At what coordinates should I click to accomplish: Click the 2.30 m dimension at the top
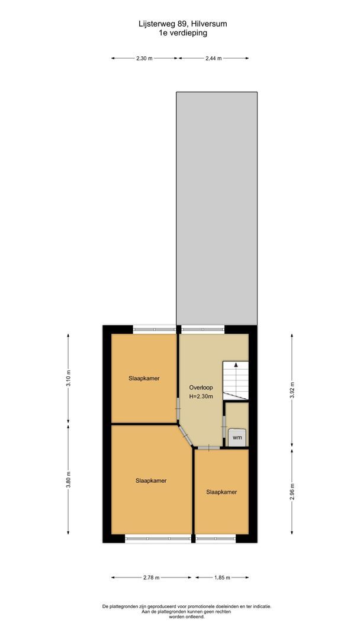tap(144, 59)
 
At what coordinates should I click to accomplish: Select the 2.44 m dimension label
tap(213, 59)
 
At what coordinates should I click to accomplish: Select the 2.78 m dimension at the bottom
tap(151, 577)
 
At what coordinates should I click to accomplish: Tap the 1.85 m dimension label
tap(222, 577)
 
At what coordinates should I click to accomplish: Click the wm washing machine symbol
tap(237, 437)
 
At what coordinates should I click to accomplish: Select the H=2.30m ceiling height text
tap(201, 396)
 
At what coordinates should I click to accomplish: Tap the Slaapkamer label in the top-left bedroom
tap(144, 378)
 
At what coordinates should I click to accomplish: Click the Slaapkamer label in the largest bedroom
tap(150, 480)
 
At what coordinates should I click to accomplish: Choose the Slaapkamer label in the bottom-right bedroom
tap(221, 492)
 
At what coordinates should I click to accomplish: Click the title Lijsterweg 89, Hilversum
tap(179, 24)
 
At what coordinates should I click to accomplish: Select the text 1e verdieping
tap(179, 33)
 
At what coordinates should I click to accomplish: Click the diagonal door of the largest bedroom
tap(185, 437)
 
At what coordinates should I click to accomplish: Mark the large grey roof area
tap(217, 207)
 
